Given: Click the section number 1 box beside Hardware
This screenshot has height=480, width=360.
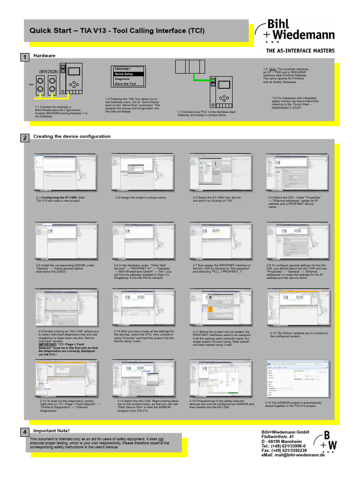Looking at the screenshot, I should point(23,57).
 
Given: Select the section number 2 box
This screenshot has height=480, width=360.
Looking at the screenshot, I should point(23,138).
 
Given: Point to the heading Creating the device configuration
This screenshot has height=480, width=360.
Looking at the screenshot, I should point(72,136).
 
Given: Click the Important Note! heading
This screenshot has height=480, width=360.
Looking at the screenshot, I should point(51,430).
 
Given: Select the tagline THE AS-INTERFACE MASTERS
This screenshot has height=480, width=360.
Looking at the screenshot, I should point(300,51).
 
